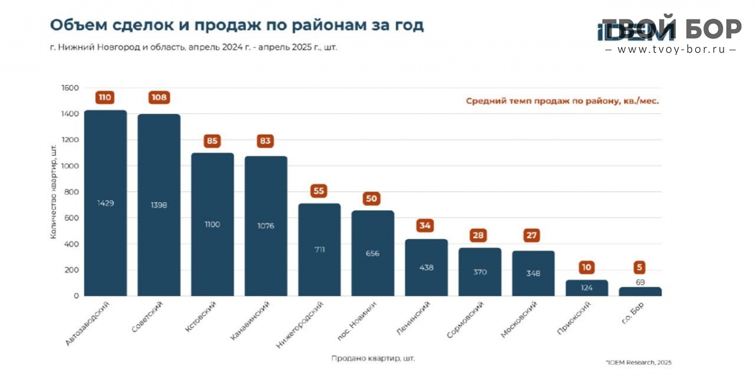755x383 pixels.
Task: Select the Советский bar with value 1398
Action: pos(159,205)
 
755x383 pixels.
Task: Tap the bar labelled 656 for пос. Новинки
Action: pos(372,253)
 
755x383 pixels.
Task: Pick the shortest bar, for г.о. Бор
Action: pos(640,292)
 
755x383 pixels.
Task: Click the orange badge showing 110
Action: pos(105,98)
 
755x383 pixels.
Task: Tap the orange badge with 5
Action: pos(640,267)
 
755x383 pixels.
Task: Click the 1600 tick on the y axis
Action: pos(70,88)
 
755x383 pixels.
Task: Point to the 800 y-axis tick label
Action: pos(72,192)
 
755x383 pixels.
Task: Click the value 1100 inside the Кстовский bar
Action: pos(212,225)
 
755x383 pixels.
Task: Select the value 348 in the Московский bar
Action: pos(533,273)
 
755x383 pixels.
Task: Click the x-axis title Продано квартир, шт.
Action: pos(373,358)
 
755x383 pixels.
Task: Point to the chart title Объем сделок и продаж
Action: pos(237,25)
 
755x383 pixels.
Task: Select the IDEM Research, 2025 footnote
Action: pos(639,362)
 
